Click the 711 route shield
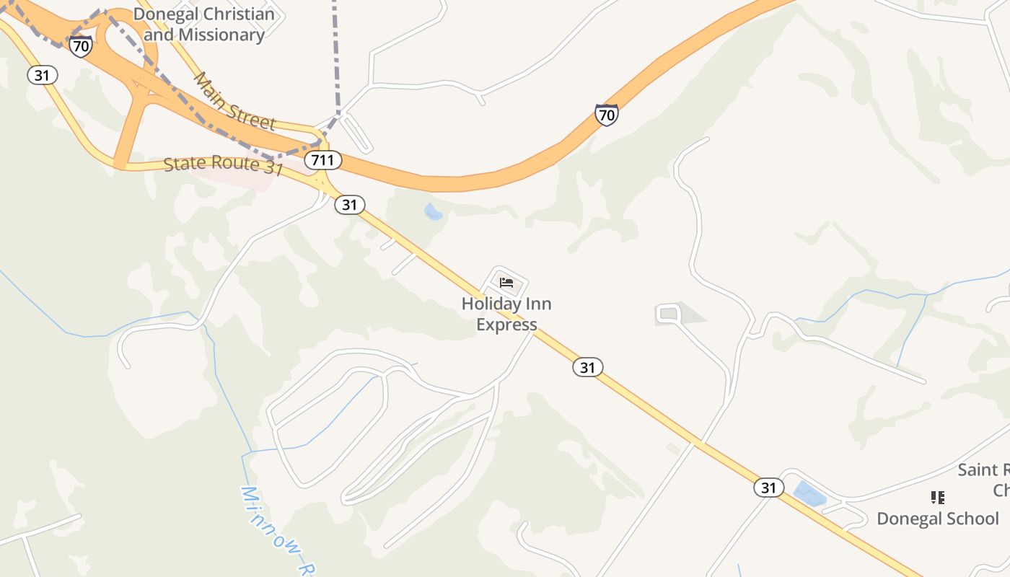click(x=322, y=160)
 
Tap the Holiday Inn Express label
click(x=506, y=314)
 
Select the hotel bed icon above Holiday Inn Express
click(x=506, y=282)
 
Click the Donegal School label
click(x=937, y=519)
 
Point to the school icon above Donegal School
click(x=937, y=497)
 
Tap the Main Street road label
click(x=234, y=102)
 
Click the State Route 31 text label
click(x=223, y=165)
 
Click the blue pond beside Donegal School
click(x=809, y=494)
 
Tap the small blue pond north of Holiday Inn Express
click(x=433, y=211)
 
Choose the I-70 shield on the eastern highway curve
click(x=607, y=115)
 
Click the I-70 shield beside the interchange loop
click(x=81, y=46)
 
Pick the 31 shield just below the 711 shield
click(x=350, y=205)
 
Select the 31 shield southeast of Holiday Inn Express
click(x=588, y=367)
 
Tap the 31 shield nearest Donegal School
click(x=769, y=488)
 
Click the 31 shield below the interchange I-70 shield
click(x=43, y=74)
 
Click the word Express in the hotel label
click(x=506, y=325)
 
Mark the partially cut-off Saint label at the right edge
click(x=982, y=470)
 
